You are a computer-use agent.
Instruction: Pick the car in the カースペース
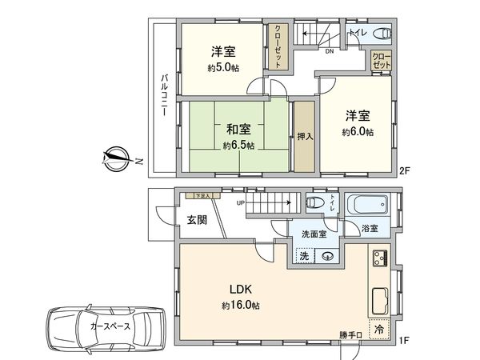[104, 326]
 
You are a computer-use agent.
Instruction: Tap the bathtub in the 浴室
[368, 207]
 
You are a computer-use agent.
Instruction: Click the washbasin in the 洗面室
[328, 257]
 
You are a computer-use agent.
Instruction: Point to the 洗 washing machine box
[305, 257]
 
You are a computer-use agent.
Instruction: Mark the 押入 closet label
[304, 136]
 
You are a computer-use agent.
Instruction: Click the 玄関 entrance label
[198, 219]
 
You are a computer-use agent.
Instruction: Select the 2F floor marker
[405, 170]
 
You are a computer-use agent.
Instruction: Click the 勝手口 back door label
[350, 335]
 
